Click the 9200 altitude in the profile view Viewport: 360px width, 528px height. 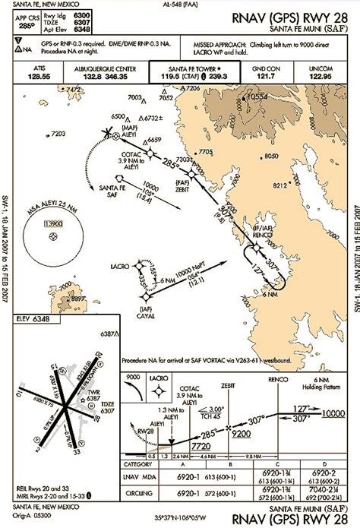(x=241, y=433)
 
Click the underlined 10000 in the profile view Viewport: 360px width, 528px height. (x=333, y=413)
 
